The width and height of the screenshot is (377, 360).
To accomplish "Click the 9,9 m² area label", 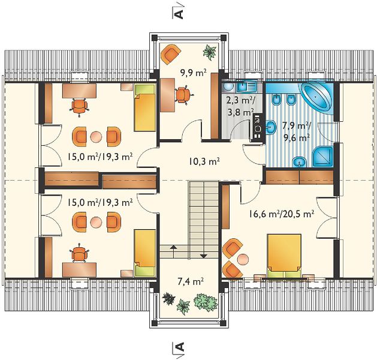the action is click(x=194, y=73).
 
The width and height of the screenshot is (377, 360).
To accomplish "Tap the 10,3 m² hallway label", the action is click(x=204, y=162).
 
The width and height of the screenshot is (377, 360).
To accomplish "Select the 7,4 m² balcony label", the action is click(x=191, y=281).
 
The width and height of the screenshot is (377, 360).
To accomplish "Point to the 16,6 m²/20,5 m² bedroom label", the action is click(x=281, y=214).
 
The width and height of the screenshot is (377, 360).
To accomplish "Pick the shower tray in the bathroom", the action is click(x=322, y=156).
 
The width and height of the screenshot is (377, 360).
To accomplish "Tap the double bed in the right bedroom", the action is click(x=285, y=257).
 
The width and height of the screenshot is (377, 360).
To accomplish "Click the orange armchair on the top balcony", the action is click(x=170, y=55).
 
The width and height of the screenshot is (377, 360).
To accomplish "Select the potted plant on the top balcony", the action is click(x=210, y=52).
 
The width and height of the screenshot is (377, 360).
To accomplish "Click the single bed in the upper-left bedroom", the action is click(x=144, y=107).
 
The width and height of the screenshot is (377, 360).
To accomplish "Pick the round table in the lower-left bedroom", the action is click(x=96, y=222).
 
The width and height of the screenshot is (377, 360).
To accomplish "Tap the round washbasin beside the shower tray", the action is click(x=299, y=161).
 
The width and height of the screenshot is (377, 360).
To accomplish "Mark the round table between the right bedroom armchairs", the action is click(x=243, y=259).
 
